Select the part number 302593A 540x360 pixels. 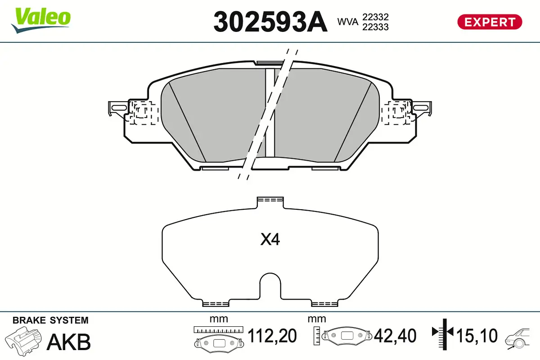click(270, 22)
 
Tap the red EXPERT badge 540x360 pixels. click(490, 22)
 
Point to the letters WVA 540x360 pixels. click(348, 21)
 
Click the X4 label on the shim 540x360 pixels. click(270, 240)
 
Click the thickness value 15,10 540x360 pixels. click(477, 336)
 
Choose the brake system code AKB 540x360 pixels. click(69, 342)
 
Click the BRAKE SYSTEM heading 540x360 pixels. click(50, 320)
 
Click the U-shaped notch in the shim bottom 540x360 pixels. click(270, 286)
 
